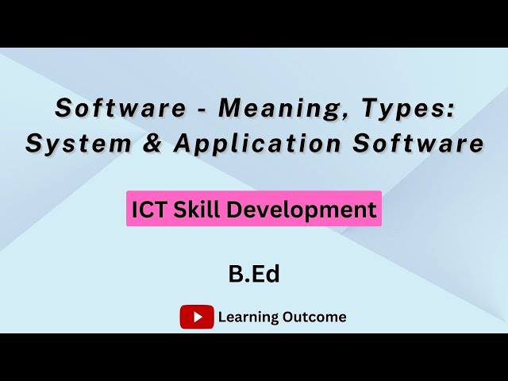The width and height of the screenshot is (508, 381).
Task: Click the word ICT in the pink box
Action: pos(148,210)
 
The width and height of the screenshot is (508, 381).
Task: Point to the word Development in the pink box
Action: pos(301,210)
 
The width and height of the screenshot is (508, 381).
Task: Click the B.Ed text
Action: pos(254,275)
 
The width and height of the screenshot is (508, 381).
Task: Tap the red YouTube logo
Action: pos(197,317)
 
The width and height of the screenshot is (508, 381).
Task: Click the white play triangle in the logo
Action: pos(197,317)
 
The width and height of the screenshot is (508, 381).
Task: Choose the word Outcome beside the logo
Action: pos(315,317)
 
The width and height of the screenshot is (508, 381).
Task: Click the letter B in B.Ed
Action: pos(236,275)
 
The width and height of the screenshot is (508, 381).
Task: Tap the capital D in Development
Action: pos(235,210)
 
